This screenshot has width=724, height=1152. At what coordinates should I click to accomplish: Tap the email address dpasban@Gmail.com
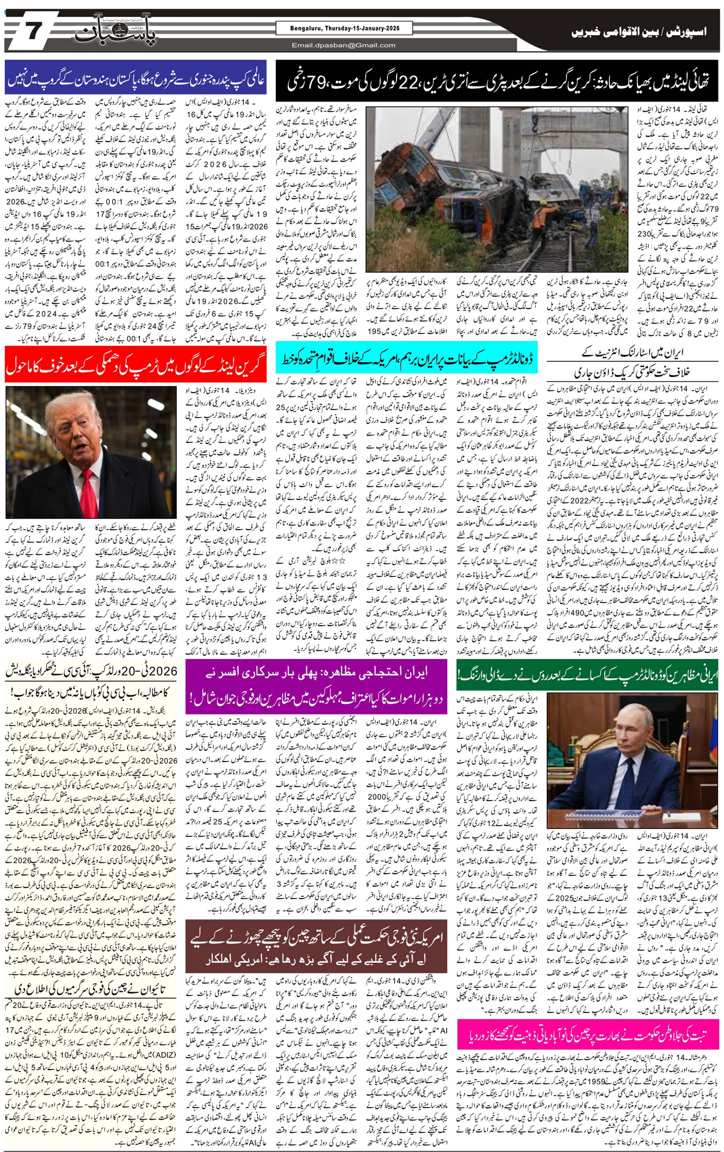click(x=344, y=45)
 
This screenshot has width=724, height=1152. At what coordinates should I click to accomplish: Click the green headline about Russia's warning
click(x=587, y=675)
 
